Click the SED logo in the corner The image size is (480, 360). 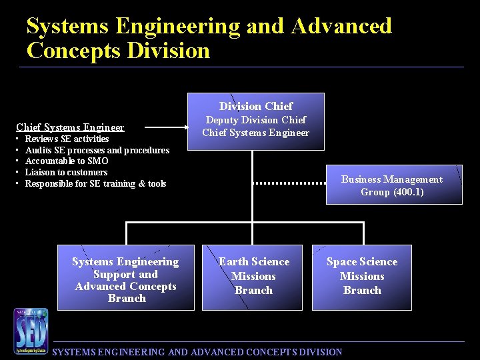[31, 331]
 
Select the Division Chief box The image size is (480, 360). [257, 121]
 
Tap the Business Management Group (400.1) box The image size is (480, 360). [393, 185]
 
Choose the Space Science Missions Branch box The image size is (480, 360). [361, 277]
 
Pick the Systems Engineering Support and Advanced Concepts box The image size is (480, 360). [125, 278]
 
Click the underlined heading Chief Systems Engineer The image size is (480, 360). [70, 127]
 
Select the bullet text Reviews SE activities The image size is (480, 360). [67, 139]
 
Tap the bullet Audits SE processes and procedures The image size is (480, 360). [97, 150]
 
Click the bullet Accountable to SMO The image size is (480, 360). [66, 161]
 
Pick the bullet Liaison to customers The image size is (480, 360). [66, 172]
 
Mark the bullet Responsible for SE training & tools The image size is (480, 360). [95, 183]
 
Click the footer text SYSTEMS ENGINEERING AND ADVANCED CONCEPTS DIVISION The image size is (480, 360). [197, 352]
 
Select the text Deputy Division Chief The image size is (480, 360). [256, 120]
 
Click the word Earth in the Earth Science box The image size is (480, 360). [233, 262]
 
